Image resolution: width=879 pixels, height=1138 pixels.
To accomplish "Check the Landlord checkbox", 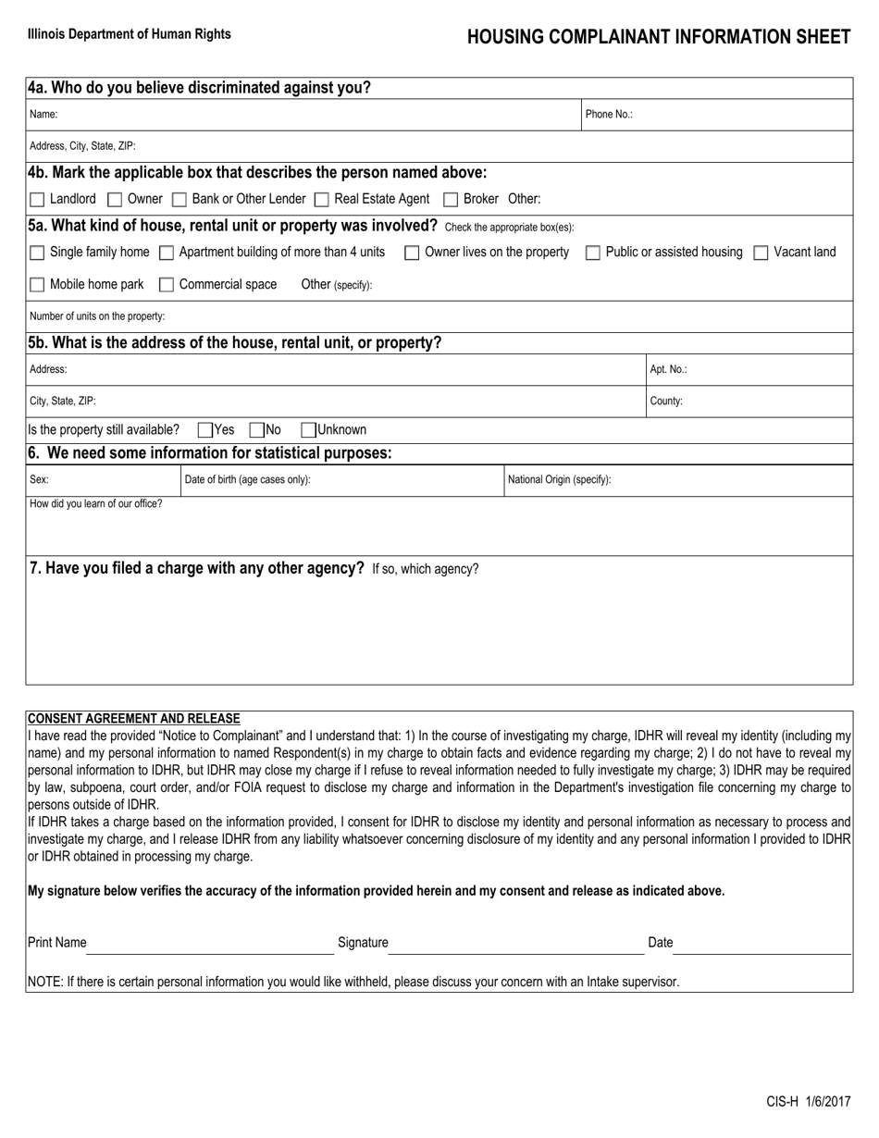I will pyautogui.click(x=37, y=200).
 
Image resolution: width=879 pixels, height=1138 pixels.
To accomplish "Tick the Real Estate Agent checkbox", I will pyautogui.click(x=321, y=200).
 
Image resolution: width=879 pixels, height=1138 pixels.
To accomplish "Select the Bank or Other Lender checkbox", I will pyautogui.click(x=180, y=200).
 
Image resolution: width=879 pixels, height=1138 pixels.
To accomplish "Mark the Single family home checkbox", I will pyautogui.click(x=37, y=253).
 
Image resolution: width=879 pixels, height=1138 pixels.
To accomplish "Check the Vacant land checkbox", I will pyautogui.click(x=761, y=253).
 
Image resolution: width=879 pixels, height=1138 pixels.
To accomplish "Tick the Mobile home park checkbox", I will pyautogui.click(x=37, y=285).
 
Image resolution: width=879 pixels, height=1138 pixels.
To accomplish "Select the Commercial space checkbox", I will pyautogui.click(x=167, y=285).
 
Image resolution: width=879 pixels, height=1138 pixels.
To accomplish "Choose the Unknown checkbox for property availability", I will pyautogui.click(x=308, y=430).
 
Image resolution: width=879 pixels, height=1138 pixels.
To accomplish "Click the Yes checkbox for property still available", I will pyautogui.click(x=205, y=430).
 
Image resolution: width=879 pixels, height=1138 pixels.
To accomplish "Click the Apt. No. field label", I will pyautogui.click(x=668, y=369).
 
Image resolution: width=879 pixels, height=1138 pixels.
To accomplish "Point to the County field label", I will pyautogui.click(x=666, y=402).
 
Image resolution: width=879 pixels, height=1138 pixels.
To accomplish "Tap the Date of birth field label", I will pyautogui.click(x=247, y=480).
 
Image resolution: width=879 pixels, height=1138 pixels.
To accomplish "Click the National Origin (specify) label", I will pyautogui.click(x=559, y=480).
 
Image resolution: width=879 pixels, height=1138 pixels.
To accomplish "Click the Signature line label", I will pyautogui.click(x=363, y=943).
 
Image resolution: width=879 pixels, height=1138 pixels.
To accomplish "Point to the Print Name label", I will pyautogui.click(x=57, y=943).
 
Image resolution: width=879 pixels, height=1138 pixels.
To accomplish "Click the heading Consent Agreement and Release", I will pyautogui.click(x=133, y=719).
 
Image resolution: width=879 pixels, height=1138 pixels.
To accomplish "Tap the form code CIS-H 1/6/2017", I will pyautogui.click(x=808, y=1102).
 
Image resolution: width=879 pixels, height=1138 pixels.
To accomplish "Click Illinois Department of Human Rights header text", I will pyautogui.click(x=130, y=34).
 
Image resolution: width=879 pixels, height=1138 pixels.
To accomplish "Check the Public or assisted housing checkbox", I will pyautogui.click(x=593, y=253).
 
